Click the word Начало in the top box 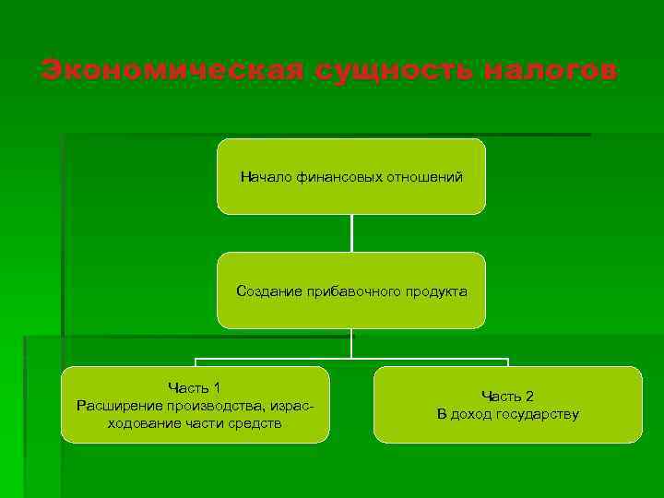267,175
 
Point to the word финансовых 338,175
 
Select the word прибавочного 352,291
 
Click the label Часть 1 195,387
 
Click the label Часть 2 508,396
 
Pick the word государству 537,414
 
